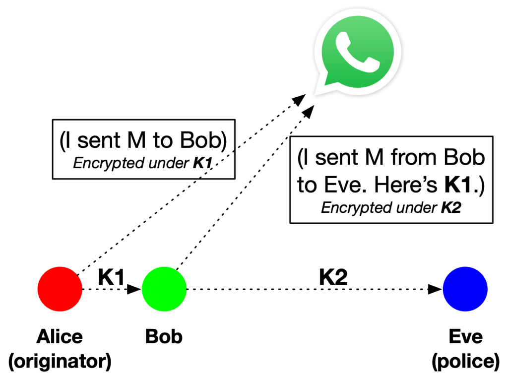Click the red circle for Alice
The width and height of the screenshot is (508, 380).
60,289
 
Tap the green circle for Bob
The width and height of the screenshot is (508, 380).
164,289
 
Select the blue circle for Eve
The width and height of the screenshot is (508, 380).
465,289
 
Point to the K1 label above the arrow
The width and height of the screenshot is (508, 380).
111,277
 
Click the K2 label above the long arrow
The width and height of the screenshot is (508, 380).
333,277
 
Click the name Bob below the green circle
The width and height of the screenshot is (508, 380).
164,337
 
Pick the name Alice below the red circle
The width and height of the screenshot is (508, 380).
60,337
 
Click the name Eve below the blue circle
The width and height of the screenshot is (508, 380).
465,337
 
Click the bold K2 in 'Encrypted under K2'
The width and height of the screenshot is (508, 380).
451,207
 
